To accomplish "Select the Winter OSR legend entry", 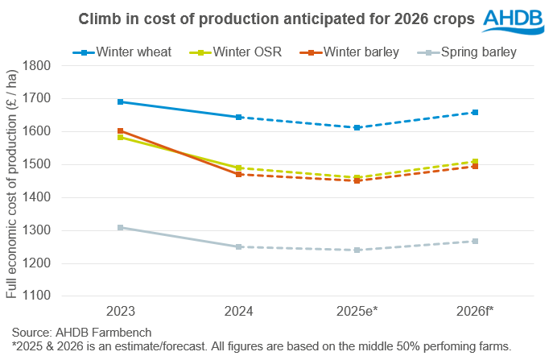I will [x=239, y=53].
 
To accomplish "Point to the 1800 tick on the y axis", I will [x=37, y=65].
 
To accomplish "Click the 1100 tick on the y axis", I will [x=37, y=296].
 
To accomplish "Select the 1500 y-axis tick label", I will [x=37, y=164].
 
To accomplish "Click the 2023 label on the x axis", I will [x=120, y=312].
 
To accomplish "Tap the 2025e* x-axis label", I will [x=357, y=312].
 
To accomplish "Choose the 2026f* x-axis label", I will [x=475, y=312].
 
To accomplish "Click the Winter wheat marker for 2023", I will [x=120, y=101].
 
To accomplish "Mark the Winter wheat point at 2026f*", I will [x=475, y=112].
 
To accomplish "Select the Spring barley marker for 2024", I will [x=238, y=246].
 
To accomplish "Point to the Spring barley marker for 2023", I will [x=120, y=227].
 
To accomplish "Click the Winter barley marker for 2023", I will [x=120, y=130].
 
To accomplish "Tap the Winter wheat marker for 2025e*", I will [x=357, y=127].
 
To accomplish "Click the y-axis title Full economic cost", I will [x=11, y=180].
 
